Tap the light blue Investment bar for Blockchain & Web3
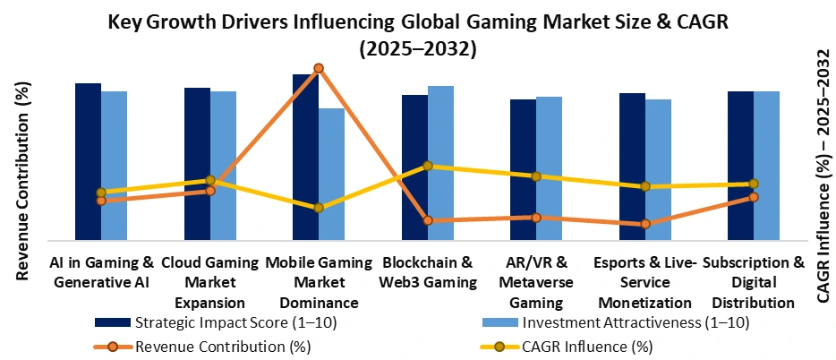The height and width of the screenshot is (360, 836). pos(440,163)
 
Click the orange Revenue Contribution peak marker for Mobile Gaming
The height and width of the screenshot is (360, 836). pos(319,68)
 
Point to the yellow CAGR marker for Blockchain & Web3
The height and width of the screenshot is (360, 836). pos(428,166)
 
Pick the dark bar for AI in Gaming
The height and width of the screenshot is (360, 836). pos(88,161)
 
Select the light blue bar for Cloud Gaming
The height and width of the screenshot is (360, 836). pos(223,166)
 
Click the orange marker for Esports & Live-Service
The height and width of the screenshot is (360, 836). pos(645,224)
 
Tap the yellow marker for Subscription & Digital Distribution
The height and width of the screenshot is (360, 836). pos(754,184)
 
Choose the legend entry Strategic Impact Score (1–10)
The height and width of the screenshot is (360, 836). pos(235,322)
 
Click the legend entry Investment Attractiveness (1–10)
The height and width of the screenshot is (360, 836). pos(636,322)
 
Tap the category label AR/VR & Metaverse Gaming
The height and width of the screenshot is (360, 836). pos(536,283)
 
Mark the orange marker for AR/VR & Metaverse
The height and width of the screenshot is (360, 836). pos(536,218)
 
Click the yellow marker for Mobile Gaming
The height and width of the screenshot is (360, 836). pos(319,208)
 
